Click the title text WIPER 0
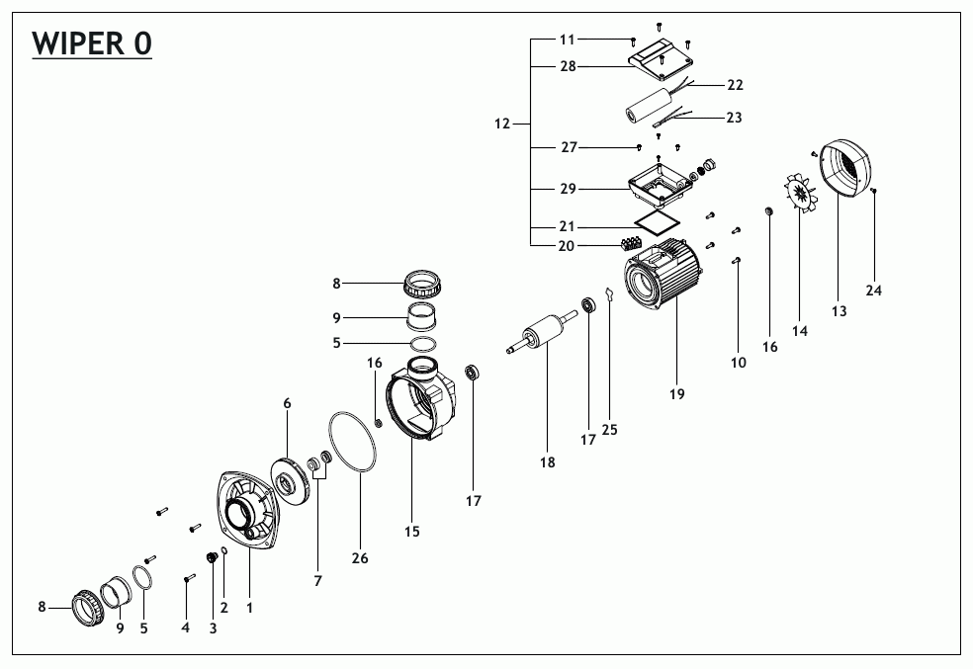click(92, 44)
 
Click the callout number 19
click(676, 394)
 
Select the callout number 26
click(360, 558)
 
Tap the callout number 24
click(874, 291)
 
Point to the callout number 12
click(501, 124)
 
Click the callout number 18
click(547, 461)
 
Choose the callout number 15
click(412, 532)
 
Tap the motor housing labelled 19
click(661, 281)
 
